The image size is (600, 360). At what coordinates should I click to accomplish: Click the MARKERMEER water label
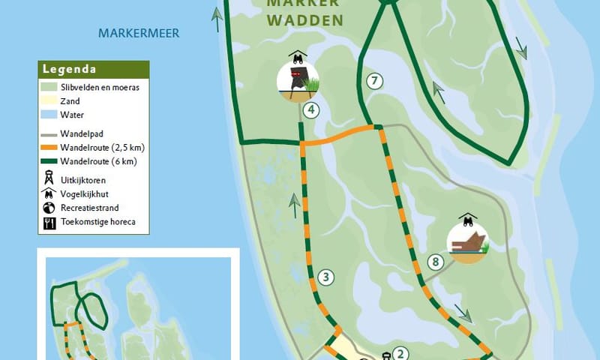pyautogui.click(x=145, y=33)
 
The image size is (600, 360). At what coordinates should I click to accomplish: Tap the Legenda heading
pyautogui.click(x=69, y=70)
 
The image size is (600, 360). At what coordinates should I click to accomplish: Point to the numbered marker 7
pyautogui.click(x=375, y=81)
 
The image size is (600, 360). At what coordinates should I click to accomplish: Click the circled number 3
pyautogui.click(x=325, y=277)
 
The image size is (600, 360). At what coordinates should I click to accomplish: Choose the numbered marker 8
pyautogui.click(x=435, y=262)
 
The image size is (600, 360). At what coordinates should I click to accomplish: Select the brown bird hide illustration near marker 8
pyautogui.click(x=466, y=241)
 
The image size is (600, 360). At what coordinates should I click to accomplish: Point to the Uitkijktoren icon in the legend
pyautogui.click(x=49, y=178)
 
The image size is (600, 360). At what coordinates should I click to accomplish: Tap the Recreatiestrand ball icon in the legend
pyautogui.click(x=49, y=208)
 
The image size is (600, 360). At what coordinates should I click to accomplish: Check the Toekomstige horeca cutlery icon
pyautogui.click(x=49, y=223)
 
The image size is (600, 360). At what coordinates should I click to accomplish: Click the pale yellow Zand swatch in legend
pyautogui.click(x=49, y=100)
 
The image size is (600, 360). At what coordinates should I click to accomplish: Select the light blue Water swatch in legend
pyautogui.click(x=49, y=115)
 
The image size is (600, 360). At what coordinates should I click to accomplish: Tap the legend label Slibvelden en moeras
pyautogui.click(x=100, y=87)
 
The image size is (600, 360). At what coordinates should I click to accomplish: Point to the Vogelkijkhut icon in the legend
pyautogui.click(x=49, y=193)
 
